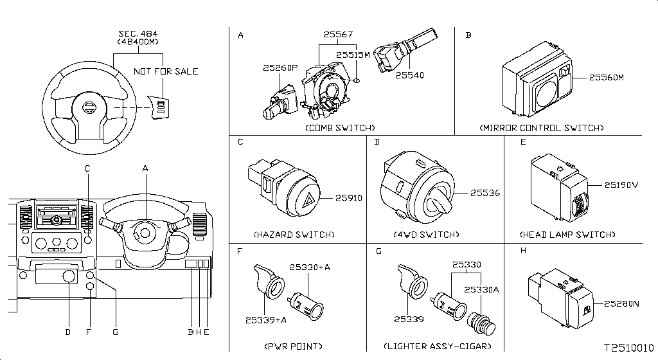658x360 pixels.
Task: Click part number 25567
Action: (338, 35)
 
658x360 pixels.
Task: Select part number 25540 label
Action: (409, 75)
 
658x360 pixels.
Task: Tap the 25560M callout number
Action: (607, 78)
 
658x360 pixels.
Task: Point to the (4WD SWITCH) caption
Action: (427, 235)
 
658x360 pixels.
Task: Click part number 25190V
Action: (621, 185)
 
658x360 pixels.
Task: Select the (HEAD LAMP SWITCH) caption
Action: (567, 235)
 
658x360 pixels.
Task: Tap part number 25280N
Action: (621, 304)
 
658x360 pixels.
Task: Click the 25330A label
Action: (481, 290)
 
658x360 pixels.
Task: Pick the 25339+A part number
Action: (266, 320)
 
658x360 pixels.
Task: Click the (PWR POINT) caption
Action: (293, 346)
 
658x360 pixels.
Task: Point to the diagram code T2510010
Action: (628, 348)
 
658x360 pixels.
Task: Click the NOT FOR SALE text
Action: (166, 71)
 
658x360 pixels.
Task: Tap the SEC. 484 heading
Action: (138, 33)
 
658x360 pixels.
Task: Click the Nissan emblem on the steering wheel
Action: (89, 107)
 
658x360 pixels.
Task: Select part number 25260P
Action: (280, 67)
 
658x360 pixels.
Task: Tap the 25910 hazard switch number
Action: (349, 198)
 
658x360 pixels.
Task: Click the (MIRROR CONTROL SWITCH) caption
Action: (541, 128)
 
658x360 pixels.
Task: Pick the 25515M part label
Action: (353, 55)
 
